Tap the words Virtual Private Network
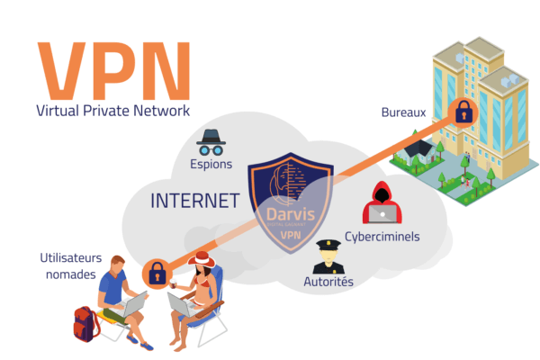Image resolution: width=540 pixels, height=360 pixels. pyautogui.click(x=113, y=112)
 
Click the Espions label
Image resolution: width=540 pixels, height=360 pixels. pyautogui.click(x=211, y=165)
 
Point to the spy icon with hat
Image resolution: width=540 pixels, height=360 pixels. pyautogui.click(x=212, y=140)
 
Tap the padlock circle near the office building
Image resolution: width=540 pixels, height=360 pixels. pyautogui.click(x=463, y=112)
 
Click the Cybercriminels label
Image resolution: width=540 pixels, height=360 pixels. pyautogui.click(x=382, y=237)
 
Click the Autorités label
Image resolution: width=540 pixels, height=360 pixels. pyautogui.click(x=328, y=283)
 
